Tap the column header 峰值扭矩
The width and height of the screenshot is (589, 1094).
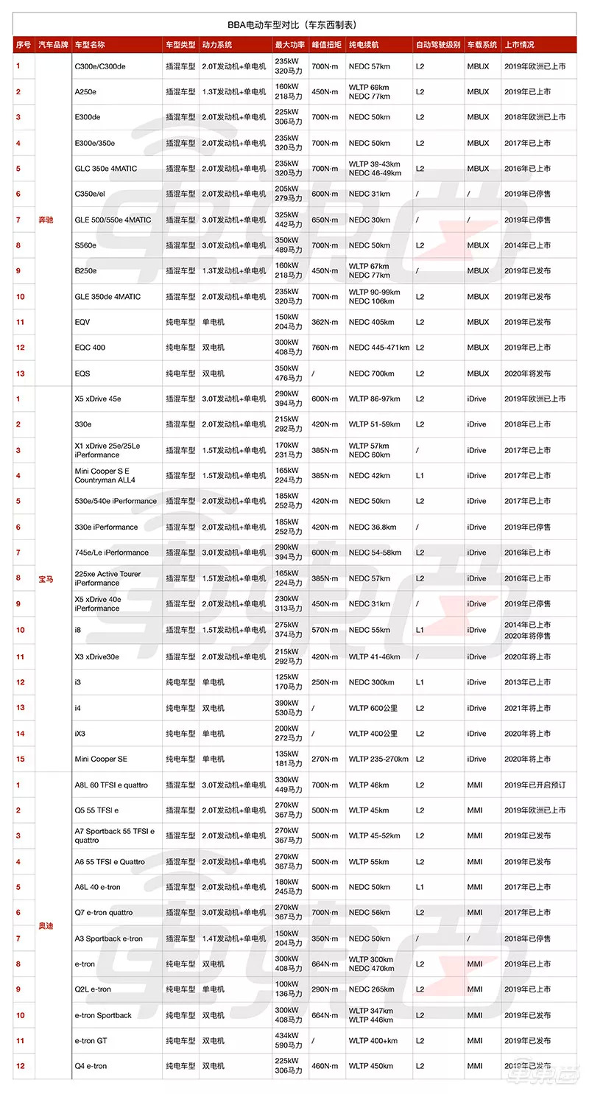click(327, 45)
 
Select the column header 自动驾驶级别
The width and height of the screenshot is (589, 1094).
click(437, 45)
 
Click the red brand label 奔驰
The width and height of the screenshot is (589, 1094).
click(46, 220)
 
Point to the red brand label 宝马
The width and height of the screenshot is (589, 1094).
click(46, 579)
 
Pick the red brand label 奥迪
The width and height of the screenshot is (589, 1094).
click(46, 925)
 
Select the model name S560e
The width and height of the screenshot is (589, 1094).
click(86, 245)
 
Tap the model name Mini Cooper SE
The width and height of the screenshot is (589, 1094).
click(101, 759)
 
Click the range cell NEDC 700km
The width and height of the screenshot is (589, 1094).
click(372, 374)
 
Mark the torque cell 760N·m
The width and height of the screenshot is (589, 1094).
click(325, 348)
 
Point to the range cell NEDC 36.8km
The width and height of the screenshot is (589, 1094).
click(373, 527)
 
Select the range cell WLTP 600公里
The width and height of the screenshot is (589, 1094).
click(373, 708)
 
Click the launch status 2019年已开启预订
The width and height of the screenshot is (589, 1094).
click(535, 785)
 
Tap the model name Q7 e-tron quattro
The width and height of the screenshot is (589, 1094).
click(104, 913)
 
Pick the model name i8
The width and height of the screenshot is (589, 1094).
click(78, 630)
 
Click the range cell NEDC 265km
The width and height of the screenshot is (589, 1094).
click(372, 989)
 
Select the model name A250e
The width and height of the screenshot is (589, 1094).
click(85, 92)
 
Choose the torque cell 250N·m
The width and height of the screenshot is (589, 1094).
click(325, 682)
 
